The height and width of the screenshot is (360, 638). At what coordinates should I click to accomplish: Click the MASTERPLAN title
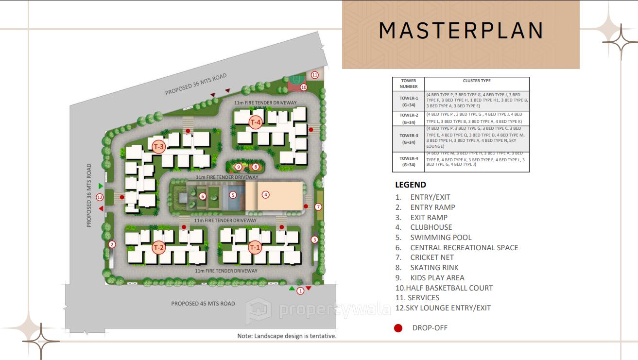(x=461, y=30)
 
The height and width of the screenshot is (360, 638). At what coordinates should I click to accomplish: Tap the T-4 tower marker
(x=256, y=122)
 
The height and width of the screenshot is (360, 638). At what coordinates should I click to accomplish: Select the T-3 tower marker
(x=159, y=147)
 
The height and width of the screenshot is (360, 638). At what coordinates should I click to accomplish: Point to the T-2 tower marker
(x=159, y=248)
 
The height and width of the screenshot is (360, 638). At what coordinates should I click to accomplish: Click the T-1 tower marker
(x=255, y=248)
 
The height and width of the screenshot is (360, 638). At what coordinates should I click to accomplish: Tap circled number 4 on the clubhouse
(x=265, y=195)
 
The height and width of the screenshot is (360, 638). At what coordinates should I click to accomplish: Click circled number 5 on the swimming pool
(x=233, y=195)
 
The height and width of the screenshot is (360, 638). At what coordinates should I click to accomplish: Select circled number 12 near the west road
(x=100, y=197)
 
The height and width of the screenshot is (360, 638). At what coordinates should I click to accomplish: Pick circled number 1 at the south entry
(x=300, y=291)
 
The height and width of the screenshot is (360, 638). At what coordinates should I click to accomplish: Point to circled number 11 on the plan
(x=315, y=75)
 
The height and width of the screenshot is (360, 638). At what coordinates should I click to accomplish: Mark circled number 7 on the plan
(x=318, y=207)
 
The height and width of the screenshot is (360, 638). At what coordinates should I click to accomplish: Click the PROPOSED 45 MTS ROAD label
(x=203, y=304)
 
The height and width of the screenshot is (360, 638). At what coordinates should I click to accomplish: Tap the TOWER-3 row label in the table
(x=409, y=139)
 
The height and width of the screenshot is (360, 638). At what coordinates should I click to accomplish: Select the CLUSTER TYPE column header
(x=476, y=81)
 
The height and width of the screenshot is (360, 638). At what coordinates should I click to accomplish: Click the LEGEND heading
(x=411, y=185)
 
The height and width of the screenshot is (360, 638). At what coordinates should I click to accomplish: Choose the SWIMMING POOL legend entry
(x=440, y=238)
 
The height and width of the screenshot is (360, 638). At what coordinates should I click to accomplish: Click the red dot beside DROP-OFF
(x=398, y=328)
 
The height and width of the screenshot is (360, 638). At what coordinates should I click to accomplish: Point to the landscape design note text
(x=287, y=336)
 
